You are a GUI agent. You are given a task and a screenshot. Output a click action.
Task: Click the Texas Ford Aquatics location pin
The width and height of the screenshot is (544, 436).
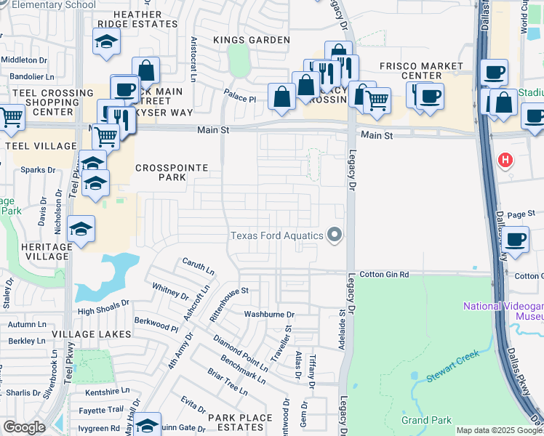[335, 235]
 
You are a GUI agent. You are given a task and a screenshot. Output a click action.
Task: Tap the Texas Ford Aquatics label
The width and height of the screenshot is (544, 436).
[277, 235]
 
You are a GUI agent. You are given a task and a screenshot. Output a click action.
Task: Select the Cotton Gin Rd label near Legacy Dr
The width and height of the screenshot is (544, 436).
[384, 275]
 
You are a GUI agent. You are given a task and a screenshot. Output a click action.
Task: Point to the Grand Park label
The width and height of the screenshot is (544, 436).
[426, 420]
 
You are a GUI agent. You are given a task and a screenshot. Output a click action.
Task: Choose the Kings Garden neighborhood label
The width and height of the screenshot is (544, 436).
[252, 40]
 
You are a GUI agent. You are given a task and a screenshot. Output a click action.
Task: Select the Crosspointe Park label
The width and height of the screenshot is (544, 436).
[172, 172]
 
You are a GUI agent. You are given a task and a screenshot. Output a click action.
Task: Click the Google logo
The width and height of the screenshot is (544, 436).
[24, 427]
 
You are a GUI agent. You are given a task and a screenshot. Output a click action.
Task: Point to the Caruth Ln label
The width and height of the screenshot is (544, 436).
[199, 267]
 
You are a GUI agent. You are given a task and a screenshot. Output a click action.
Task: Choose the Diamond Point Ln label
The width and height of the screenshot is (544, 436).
[241, 352]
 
